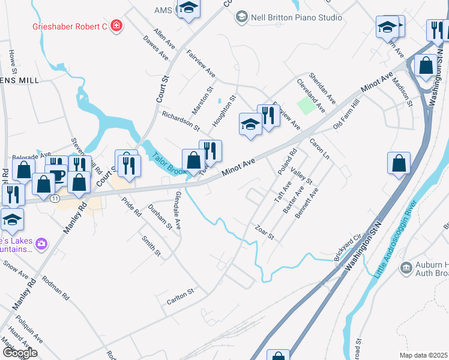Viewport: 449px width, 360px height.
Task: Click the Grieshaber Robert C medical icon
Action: click(116, 26)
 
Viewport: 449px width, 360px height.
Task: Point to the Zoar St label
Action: click(264, 232)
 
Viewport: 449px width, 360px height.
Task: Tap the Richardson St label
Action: click(180, 119)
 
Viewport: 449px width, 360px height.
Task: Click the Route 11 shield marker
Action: click(55, 199)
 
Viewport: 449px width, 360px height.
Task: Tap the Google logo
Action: click(20, 353)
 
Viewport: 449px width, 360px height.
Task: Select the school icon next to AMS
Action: click(188, 9)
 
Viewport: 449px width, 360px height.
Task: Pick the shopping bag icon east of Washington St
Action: click(399, 163)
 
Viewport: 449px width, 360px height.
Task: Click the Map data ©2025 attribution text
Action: click(423, 355)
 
